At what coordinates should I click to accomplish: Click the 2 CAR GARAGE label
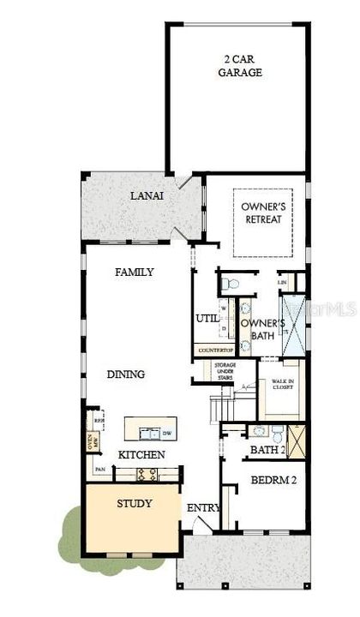(239, 66)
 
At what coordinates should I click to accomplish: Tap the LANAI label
(147, 196)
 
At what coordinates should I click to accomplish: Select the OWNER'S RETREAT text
(261, 213)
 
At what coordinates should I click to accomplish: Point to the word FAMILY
(135, 273)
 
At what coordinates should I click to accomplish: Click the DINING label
(125, 374)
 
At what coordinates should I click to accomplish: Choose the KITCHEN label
(141, 454)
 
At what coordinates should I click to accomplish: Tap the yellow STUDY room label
(135, 503)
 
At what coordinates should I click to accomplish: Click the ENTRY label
(203, 508)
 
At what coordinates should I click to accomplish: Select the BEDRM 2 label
(273, 481)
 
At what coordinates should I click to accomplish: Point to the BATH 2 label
(266, 449)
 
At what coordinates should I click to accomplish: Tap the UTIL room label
(207, 319)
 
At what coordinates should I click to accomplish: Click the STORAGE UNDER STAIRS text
(225, 370)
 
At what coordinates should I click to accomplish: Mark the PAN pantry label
(100, 470)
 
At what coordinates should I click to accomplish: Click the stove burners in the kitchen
(147, 473)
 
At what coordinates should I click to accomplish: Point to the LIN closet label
(282, 282)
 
